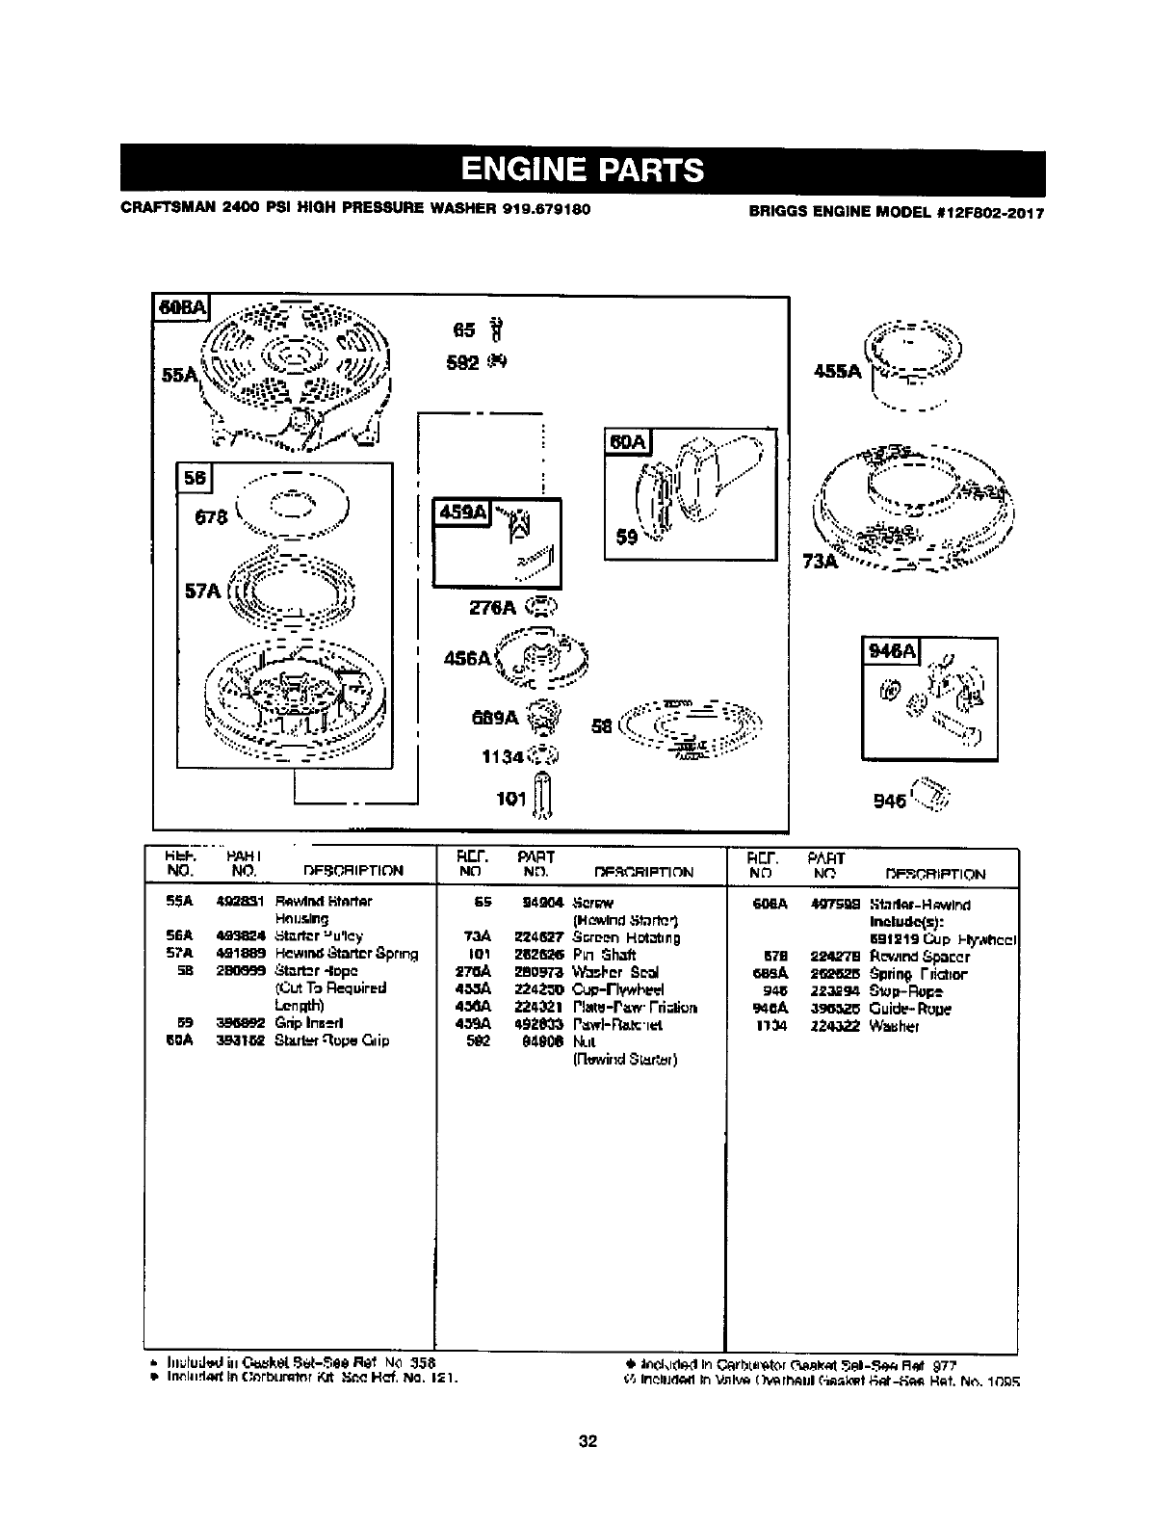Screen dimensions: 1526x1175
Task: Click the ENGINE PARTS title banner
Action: [583, 171]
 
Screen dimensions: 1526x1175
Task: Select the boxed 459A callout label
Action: [463, 512]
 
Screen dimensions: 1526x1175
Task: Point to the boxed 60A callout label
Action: [628, 441]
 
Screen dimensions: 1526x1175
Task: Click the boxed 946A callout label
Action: [893, 652]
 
